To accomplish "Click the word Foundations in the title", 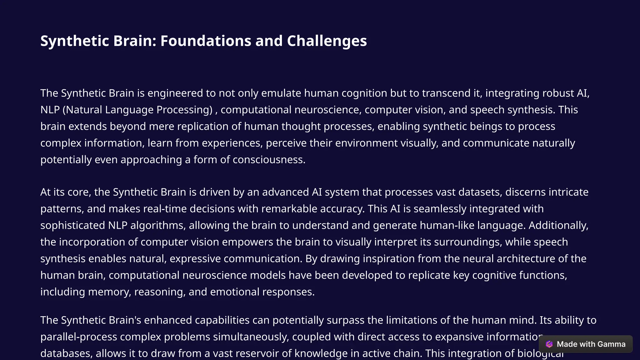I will tap(206, 41).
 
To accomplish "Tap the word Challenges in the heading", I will tap(327, 41).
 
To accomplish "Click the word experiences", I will tap(232, 143).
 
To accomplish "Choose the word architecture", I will tap(531, 259).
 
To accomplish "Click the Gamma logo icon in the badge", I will tap(549, 344).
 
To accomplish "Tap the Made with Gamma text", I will tap(591, 344).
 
